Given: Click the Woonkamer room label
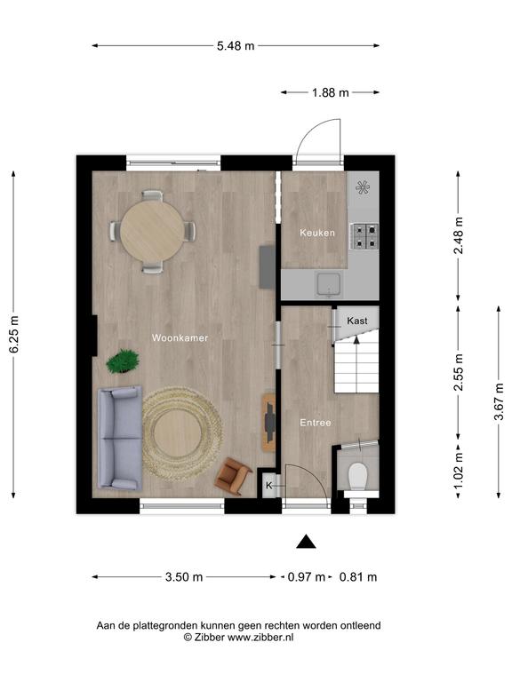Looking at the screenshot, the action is click(x=180, y=338).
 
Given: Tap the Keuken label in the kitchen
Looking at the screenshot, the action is click(x=317, y=233).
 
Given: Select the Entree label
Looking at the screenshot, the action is click(x=316, y=423).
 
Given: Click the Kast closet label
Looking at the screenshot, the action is click(x=357, y=321).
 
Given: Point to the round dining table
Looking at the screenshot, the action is click(x=152, y=231).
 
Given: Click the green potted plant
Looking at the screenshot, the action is click(x=124, y=361).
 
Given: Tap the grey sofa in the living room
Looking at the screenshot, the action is click(x=120, y=438).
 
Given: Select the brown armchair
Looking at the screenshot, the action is click(x=233, y=476).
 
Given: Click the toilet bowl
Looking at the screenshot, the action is click(x=358, y=476).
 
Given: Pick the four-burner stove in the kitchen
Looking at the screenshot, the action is click(x=364, y=235).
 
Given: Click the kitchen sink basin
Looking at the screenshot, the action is click(x=329, y=284).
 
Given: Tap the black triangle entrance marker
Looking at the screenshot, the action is click(x=306, y=542).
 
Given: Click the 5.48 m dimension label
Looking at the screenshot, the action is click(x=236, y=45).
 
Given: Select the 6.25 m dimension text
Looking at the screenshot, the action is click(x=14, y=335).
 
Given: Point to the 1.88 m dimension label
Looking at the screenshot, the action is click(x=331, y=92).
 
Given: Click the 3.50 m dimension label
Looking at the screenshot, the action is click(x=184, y=577).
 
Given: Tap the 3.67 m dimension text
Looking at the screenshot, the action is click(x=499, y=401).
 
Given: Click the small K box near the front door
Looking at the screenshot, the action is click(x=269, y=485).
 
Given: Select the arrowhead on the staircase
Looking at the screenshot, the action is click(x=356, y=340).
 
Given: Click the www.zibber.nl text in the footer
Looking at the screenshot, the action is click(x=260, y=638).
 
